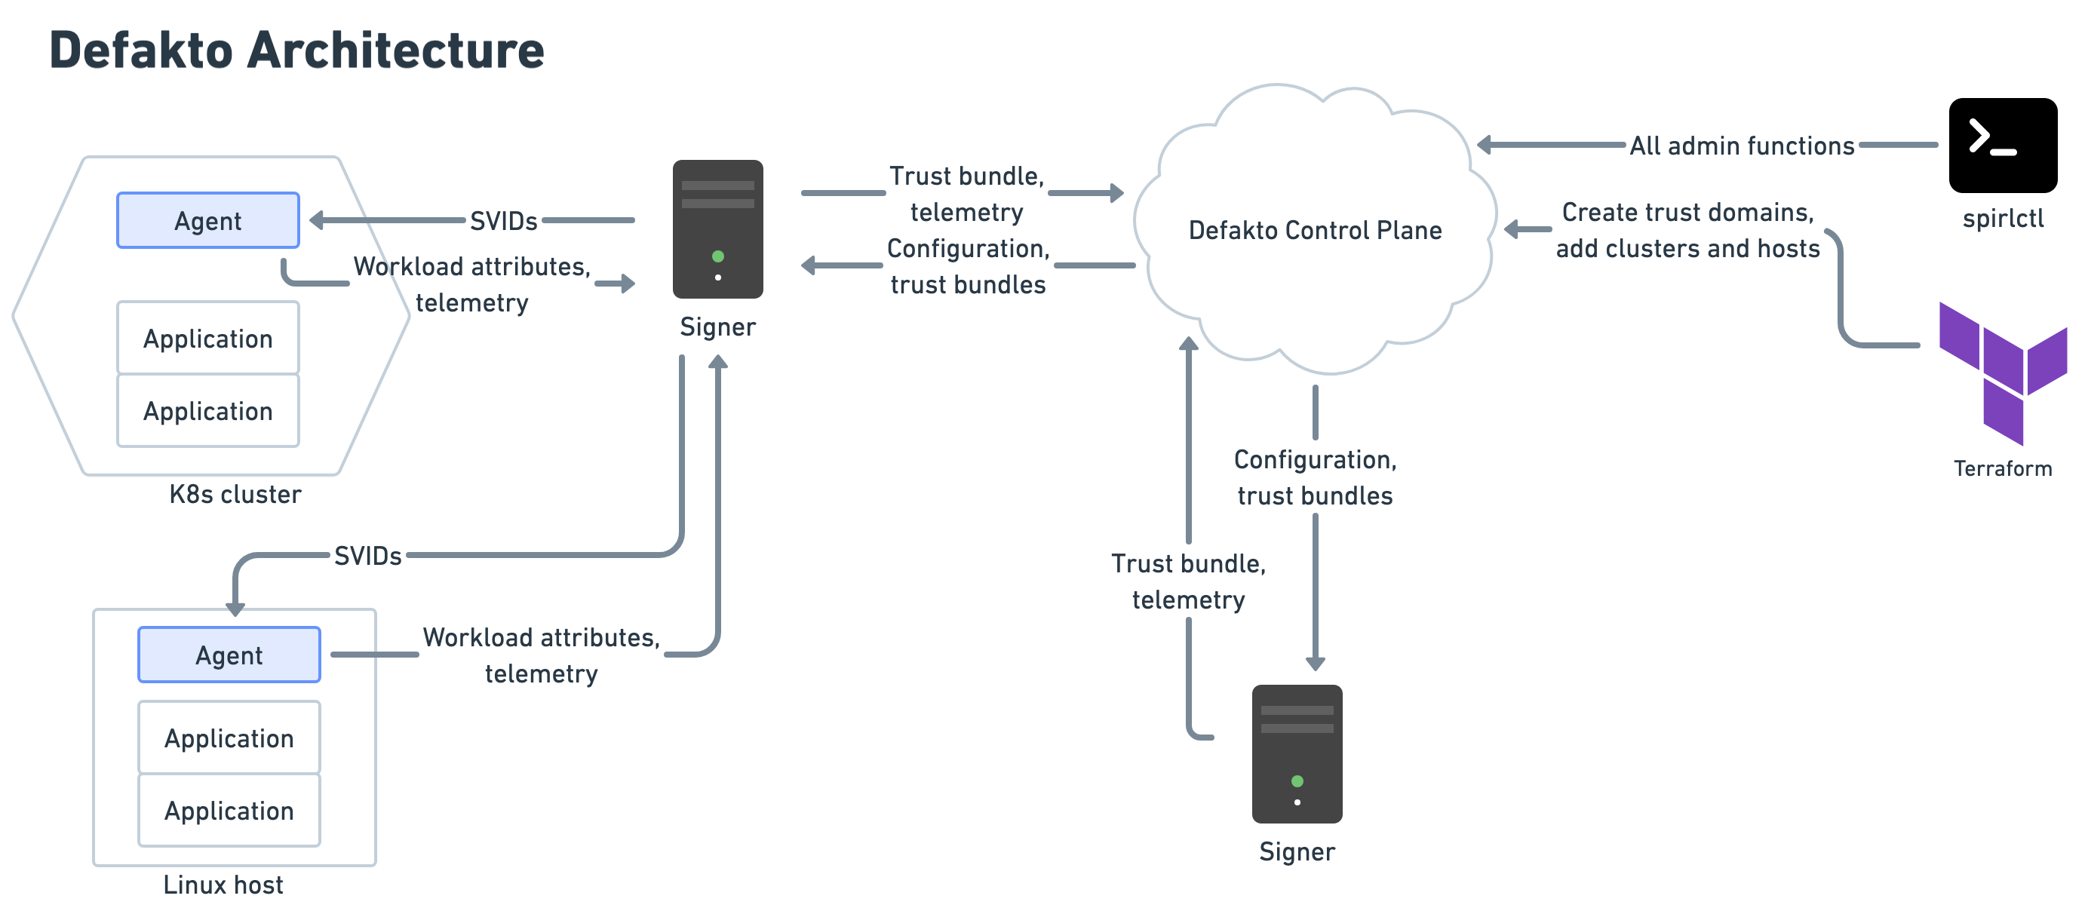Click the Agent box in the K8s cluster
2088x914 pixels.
[x=207, y=220]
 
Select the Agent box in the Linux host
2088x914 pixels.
[x=229, y=655]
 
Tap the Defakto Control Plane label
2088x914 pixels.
[x=1315, y=230]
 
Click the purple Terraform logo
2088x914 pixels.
[x=2002, y=373]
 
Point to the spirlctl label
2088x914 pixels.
[x=2002, y=219]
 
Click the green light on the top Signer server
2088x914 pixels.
[x=717, y=257]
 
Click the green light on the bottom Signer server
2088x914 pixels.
[x=1297, y=781]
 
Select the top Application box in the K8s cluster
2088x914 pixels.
[x=207, y=338]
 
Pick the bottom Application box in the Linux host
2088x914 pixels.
[x=229, y=810]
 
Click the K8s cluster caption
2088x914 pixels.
[x=235, y=494]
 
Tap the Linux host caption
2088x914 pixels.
[x=223, y=885]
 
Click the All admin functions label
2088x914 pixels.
[x=1741, y=146]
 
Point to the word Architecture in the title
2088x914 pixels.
[x=395, y=51]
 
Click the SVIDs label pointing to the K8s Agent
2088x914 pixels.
[x=503, y=220]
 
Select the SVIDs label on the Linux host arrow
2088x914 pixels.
[x=367, y=556]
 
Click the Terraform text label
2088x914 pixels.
[x=2002, y=468]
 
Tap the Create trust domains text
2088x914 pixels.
[x=1687, y=213]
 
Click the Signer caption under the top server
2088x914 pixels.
[x=717, y=327]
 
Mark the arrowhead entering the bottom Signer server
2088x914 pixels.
[x=1315, y=664]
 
